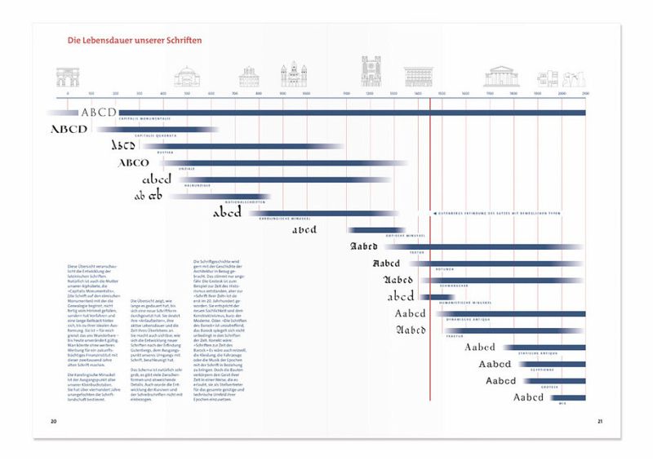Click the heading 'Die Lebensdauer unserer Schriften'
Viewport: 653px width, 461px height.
(135, 40)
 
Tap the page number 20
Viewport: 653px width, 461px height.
(53, 421)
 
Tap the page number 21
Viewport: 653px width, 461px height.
(598, 421)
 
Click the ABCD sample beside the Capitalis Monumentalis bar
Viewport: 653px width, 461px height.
(98, 113)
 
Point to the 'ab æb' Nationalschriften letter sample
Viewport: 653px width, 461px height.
(150, 197)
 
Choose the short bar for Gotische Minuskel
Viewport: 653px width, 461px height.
(375, 230)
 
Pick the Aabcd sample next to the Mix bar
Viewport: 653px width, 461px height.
(528, 398)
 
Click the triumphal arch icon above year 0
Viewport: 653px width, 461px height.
(68, 78)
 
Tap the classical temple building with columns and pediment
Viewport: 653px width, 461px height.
(501, 77)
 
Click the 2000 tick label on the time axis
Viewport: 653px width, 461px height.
(561, 94)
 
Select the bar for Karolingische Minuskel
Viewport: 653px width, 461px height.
(326, 213)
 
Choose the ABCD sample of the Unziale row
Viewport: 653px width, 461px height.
(134, 163)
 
